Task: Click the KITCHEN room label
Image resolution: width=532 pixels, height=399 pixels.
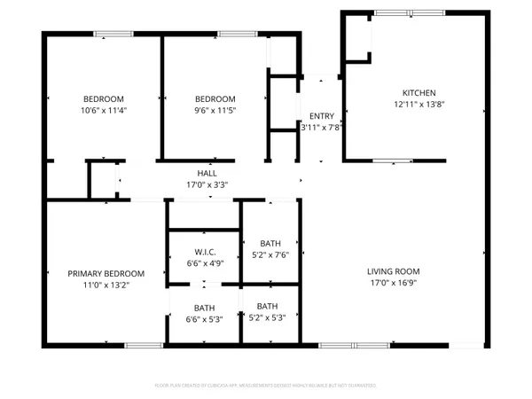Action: [419, 93]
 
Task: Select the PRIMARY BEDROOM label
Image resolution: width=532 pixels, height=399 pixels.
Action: [105, 274]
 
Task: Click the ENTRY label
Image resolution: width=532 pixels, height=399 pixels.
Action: [320, 116]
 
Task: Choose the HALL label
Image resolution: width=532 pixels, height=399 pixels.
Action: [207, 174]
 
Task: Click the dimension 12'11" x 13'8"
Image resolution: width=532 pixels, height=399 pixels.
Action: [419, 105]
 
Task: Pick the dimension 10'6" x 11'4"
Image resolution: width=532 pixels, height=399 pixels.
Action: [104, 110]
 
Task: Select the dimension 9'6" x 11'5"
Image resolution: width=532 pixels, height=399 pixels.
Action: [215, 110]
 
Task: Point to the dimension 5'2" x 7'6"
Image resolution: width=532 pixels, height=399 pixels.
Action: [270, 254]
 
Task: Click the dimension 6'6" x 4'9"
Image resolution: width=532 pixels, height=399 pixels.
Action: [203, 263]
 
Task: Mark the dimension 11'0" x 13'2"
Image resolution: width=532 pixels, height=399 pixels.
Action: [105, 286]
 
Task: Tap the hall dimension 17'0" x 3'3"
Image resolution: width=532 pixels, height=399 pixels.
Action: [207, 184]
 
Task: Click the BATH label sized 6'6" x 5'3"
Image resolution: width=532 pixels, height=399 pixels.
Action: [203, 309]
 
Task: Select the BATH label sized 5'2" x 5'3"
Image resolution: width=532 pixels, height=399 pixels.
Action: [270, 306]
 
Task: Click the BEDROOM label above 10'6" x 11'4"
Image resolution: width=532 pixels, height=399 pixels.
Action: [104, 98]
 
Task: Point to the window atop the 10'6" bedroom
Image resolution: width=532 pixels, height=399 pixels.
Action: [108, 35]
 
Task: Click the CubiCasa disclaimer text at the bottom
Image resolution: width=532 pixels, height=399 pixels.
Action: [266, 387]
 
